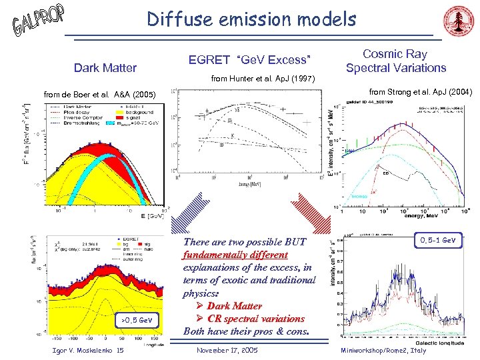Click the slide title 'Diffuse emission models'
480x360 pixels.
251,19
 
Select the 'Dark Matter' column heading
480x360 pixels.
105,67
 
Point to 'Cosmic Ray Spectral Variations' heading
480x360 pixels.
395,61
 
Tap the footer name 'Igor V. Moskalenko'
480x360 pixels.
74,351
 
